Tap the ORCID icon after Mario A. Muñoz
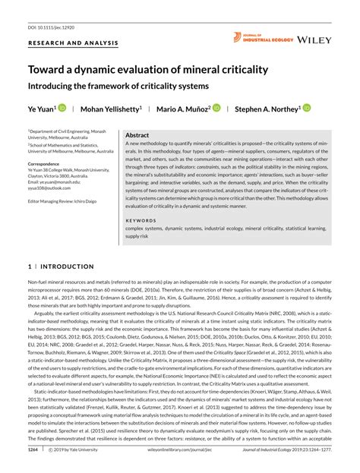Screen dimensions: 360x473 click(x=216, y=109)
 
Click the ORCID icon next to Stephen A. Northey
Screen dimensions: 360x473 click(x=310, y=109)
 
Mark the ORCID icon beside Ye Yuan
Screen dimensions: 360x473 click(x=62, y=109)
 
